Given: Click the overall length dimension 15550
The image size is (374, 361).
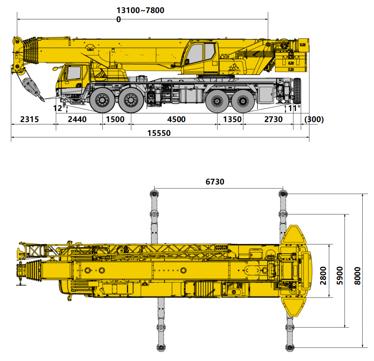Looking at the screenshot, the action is click(159, 133).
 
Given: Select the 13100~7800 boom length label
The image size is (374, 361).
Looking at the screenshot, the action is click(140, 10).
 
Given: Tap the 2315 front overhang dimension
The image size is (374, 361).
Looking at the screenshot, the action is click(29, 119).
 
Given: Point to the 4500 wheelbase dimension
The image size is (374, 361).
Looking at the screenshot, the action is click(176, 119).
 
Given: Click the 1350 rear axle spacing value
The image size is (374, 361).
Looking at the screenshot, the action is click(232, 119).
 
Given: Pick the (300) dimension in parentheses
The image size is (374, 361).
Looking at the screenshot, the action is click(314, 119).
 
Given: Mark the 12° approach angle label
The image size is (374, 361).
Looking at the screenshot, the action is click(59, 108).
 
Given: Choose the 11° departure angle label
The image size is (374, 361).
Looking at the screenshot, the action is click(294, 108).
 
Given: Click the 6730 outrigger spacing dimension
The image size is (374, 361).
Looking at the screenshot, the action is click(215, 182).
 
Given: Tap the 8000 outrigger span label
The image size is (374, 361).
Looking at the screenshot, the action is click(357, 276).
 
